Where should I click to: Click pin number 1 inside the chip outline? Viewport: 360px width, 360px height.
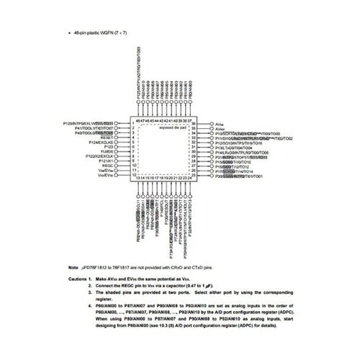tap(135, 124)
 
